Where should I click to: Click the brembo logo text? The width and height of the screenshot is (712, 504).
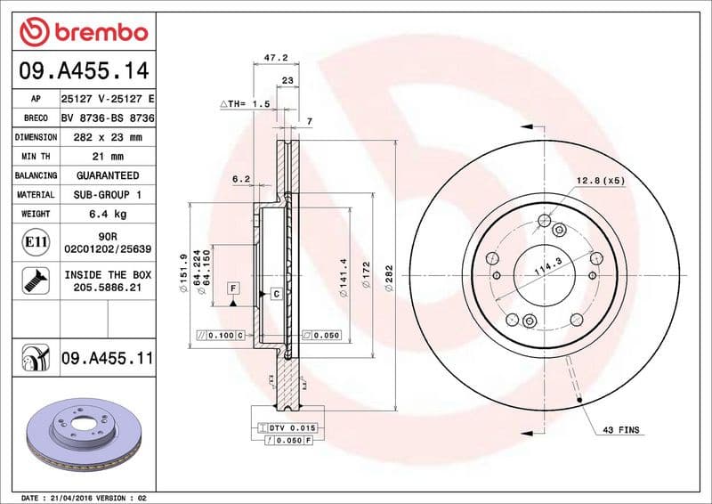(x=95, y=33)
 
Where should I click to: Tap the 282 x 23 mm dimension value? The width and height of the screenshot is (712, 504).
(x=106, y=137)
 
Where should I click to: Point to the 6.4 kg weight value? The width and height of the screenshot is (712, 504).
(x=106, y=215)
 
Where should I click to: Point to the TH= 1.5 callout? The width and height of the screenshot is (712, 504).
(x=244, y=104)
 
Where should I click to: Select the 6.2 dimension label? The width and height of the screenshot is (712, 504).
(x=240, y=179)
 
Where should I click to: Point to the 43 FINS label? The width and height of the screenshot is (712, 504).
(x=621, y=430)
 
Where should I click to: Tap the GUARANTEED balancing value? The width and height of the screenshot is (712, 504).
(x=106, y=175)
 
